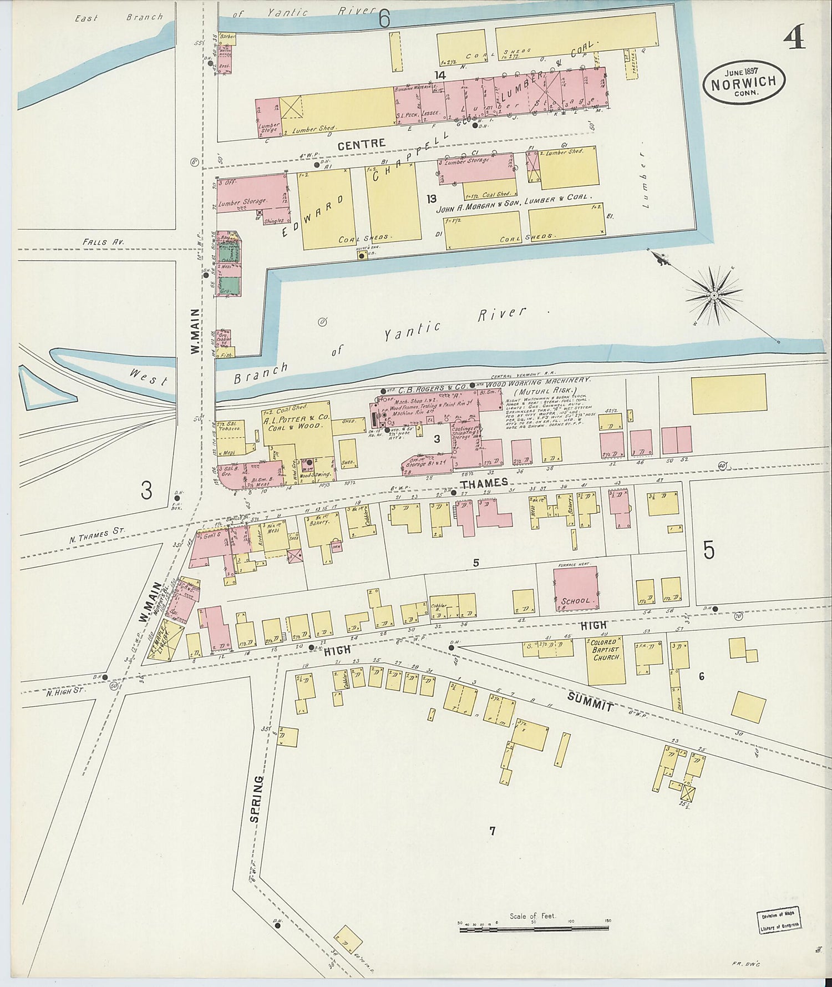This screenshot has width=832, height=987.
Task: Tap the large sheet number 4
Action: click(794, 38)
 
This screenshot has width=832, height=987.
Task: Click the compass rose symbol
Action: click(714, 295)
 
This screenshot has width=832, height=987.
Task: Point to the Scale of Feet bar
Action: click(534, 927)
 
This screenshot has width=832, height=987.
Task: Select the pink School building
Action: click(576, 589)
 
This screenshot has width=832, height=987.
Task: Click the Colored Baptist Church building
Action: click(606, 660)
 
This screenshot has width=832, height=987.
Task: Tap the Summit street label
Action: click(590, 702)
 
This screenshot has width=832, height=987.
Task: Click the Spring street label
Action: click(255, 799)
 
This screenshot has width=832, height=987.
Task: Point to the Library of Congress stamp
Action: click(779, 921)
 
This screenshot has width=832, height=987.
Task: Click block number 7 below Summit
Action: click(491, 831)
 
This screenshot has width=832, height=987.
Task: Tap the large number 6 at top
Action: click(384, 19)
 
